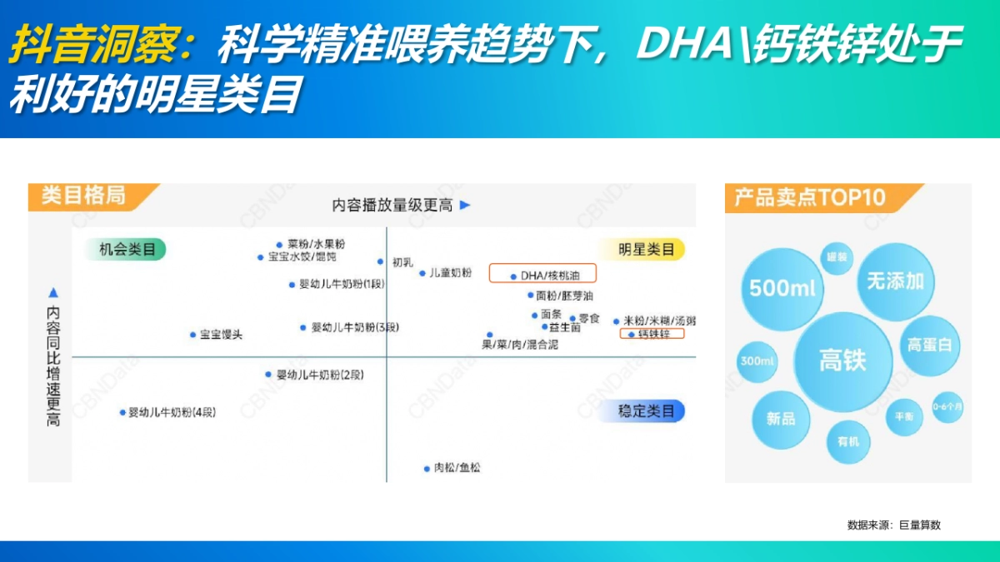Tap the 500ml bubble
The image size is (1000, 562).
pos(782,288)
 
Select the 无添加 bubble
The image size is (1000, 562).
pos(895,281)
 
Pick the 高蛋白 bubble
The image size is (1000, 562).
pos(929,345)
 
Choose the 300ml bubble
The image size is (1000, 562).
pos(757,361)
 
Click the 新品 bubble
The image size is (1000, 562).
pos(781,419)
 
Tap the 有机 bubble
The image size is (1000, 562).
pos(848,441)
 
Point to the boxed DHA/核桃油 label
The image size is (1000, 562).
pos(542,274)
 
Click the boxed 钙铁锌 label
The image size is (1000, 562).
pos(651,334)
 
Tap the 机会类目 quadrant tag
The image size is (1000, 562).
pos(125,249)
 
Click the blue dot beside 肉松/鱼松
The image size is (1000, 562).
pos(427,469)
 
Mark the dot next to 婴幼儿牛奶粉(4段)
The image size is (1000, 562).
pos(122,412)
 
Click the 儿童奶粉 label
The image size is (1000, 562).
pos(450,273)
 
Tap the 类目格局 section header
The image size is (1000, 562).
pos(83,196)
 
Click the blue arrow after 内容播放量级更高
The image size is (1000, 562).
pos(466,205)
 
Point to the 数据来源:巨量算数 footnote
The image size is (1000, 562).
pos(893,525)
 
